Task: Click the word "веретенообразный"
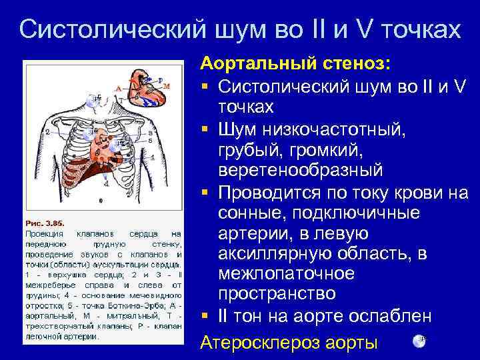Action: click(300, 169)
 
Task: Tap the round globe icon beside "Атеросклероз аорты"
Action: click(419, 341)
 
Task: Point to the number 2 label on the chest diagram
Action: click(47, 132)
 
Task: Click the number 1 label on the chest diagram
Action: click(153, 157)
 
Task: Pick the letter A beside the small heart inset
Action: click(117, 87)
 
